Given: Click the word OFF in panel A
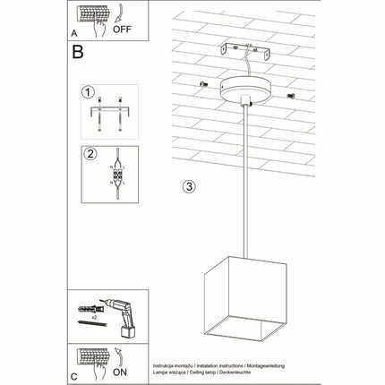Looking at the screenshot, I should tap(121, 29).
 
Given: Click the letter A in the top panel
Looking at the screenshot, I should tap(73, 31).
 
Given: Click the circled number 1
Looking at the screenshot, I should tap(87, 92).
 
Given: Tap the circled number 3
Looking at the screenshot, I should tap(187, 187).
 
